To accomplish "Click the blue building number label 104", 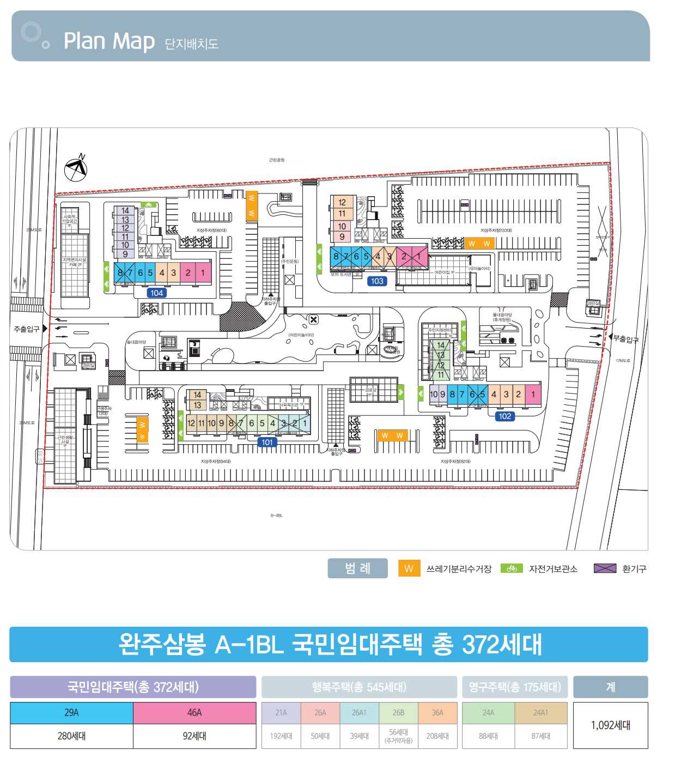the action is tap(156, 293).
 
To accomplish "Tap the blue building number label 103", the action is tap(377, 281).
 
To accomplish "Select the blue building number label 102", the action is tap(504, 416).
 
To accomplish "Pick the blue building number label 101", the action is tap(267, 443).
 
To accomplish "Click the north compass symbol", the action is tap(76, 168).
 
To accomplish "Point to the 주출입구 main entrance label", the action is tap(27, 329).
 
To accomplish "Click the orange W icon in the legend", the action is tap(409, 568).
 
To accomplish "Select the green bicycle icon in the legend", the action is tap(512, 568).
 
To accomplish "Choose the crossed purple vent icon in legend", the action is tap(605, 568).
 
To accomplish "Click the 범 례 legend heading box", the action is tap(357, 568).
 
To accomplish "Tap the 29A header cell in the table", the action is tap(71, 713).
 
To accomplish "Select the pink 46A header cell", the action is tap(194, 713).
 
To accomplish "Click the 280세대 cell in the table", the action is tap(71, 736).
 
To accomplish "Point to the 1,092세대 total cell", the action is tap(610, 725).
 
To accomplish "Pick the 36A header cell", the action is tap(437, 713).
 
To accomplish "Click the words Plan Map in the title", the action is tap(109, 41).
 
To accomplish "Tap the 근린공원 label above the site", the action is tap(277, 160).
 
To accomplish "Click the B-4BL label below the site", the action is tap(276, 516).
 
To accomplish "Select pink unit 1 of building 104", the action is tap(203, 272).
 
